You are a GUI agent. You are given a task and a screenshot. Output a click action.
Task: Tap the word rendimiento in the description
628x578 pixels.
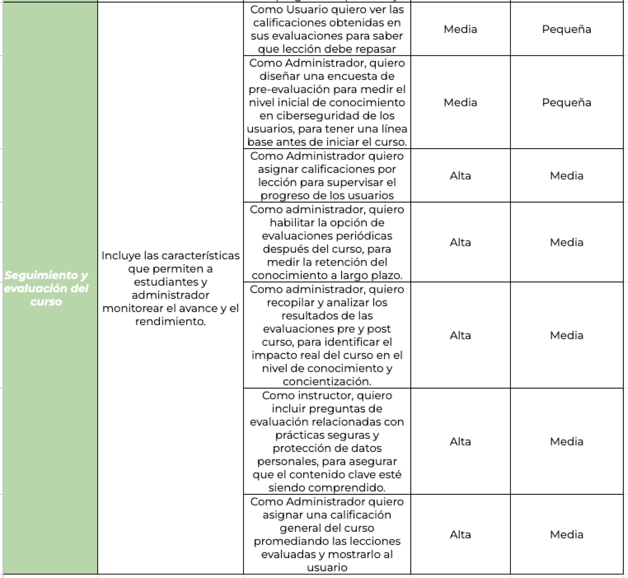tap(170, 322)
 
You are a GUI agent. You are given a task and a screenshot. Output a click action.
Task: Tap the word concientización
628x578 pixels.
tap(327, 382)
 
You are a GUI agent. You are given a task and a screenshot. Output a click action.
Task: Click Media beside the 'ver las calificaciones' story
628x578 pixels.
tap(460, 29)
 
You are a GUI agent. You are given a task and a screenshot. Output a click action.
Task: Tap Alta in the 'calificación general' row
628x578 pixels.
tap(460, 535)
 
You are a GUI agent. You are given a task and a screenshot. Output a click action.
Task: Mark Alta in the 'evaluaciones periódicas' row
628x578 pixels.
tap(460, 242)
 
